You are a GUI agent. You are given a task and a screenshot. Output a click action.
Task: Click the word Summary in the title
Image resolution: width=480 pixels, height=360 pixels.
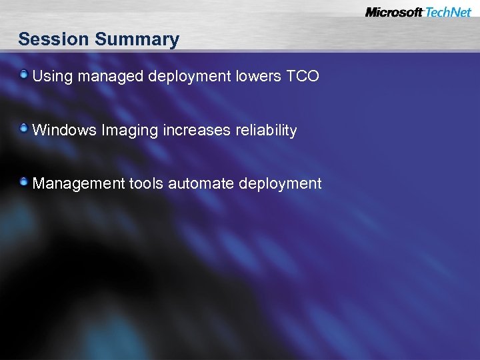[137, 40]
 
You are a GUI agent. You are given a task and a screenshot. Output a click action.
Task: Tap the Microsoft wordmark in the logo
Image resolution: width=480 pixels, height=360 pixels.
[394, 12]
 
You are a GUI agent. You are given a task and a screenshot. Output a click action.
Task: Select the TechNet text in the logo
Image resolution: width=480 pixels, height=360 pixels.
[448, 12]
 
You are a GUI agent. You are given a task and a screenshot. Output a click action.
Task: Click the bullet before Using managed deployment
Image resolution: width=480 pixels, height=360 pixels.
[24, 74]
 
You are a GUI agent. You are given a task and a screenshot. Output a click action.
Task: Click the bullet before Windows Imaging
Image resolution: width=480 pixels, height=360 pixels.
[24, 128]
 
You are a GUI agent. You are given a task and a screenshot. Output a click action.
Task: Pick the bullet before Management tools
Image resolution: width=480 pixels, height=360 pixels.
[24, 181]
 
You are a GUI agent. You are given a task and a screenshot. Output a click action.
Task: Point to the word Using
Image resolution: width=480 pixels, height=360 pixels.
[53, 77]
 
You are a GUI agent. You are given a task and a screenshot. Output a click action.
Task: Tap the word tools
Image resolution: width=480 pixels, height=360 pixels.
[146, 183]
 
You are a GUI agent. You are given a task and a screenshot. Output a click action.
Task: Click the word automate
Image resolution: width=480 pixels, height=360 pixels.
[196, 183]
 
